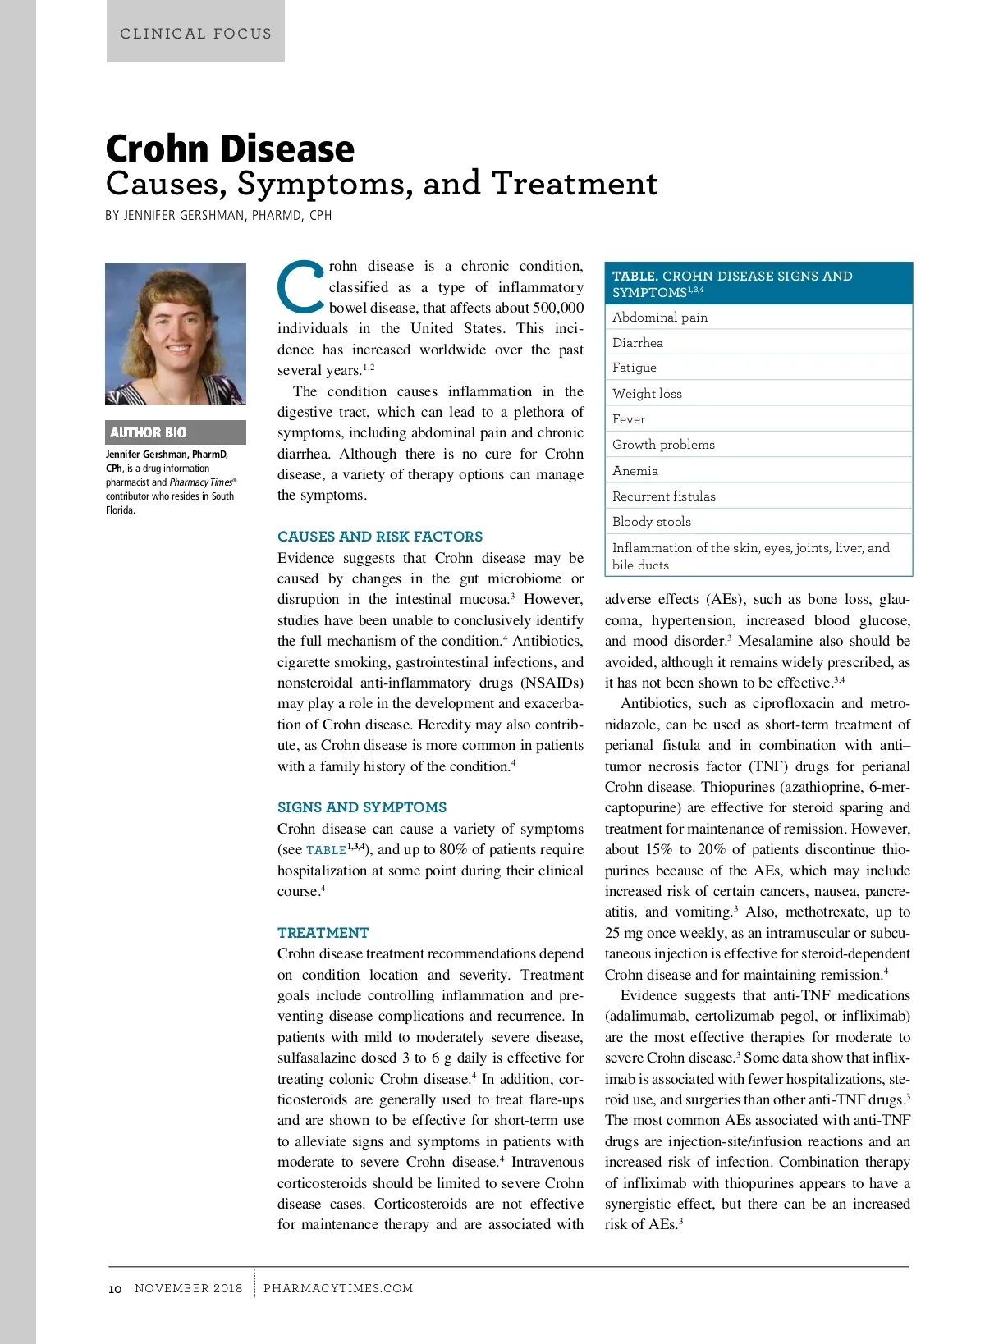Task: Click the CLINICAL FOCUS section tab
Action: coord(195,34)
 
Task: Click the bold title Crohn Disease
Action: coord(230,149)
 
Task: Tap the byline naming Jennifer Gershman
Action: coord(218,215)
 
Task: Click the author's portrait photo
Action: coord(176,333)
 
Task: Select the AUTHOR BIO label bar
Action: coord(176,432)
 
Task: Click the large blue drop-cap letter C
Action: coord(301,286)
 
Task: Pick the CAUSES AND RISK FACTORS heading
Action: coord(380,537)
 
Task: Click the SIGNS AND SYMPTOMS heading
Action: coord(362,807)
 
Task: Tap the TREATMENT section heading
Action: coord(323,933)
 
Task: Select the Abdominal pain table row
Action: coord(660,318)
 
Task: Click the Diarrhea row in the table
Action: coord(638,343)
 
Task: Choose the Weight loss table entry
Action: coord(647,394)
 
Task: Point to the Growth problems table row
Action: coord(663,445)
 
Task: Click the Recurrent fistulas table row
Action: coord(664,496)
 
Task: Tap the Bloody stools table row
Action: coord(652,522)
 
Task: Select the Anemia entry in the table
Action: coord(635,471)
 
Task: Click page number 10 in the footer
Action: coord(115,1289)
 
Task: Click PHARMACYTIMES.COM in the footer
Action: coord(338,1288)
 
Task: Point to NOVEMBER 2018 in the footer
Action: coord(189,1288)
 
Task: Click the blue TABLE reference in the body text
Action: coord(326,850)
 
